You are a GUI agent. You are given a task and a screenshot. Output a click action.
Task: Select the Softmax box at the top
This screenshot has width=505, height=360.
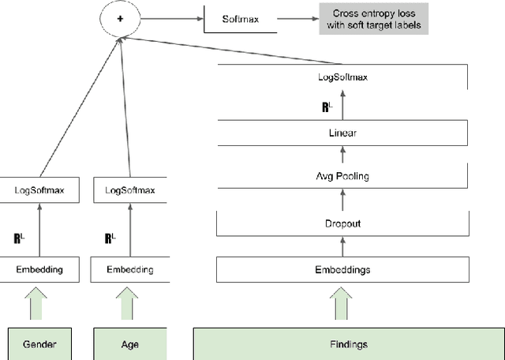point(241,17)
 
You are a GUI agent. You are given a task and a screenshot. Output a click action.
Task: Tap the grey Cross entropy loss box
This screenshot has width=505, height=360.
point(373,17)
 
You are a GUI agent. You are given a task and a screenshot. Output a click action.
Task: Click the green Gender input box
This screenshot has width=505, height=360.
point(39,344)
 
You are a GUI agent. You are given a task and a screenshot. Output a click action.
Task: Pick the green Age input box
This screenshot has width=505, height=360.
point(130,344)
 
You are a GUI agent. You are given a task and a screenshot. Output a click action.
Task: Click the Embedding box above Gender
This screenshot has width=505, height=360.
point(39,269)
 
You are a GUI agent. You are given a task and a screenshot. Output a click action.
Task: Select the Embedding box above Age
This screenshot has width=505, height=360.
point(130,269)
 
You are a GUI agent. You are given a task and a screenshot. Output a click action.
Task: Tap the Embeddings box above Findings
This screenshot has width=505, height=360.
point(342,269)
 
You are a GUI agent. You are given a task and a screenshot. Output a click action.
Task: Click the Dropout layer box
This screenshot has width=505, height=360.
point(342,223)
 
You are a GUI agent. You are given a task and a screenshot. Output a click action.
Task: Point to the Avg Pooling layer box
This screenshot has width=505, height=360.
point(342,177)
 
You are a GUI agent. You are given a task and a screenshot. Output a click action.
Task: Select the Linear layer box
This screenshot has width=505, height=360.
point(342,133)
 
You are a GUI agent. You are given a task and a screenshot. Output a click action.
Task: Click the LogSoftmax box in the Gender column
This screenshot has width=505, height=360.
point(39,190)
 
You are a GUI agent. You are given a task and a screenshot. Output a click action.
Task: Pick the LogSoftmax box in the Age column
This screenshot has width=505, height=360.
point(130,190)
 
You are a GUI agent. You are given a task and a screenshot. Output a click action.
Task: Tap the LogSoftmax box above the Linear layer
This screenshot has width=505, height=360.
point(342,77)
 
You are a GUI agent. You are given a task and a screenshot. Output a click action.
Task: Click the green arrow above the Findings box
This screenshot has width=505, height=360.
point(342,304)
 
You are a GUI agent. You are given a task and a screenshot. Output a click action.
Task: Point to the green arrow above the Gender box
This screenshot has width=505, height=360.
point(39,304)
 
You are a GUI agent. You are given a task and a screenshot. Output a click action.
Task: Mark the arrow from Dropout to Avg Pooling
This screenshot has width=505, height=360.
point(342,201)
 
